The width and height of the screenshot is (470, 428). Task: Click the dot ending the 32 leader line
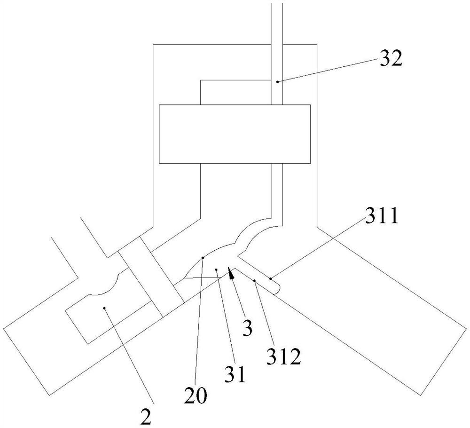click(277, 82)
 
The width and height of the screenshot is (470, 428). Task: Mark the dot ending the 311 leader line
click(271, 279)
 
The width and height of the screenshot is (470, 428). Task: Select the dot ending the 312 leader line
click(255, 281)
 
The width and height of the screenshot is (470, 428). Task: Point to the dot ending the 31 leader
click(216, 269)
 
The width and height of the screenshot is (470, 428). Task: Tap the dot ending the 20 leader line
click(203, 257)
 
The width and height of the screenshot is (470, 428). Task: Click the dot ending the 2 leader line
click(104, 309)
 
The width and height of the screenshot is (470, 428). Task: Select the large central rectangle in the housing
click(235, 134)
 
